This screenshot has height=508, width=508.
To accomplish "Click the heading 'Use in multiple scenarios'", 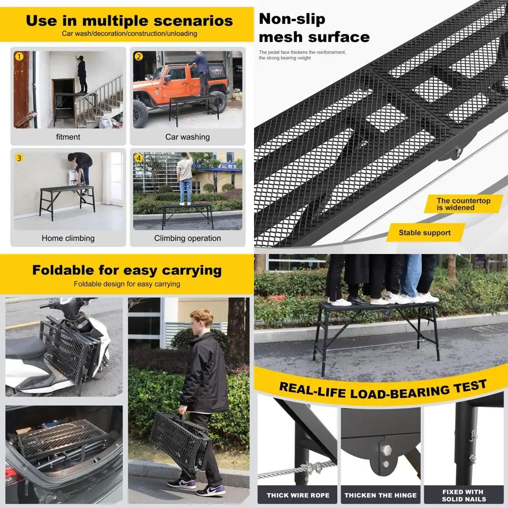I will coord(129,21).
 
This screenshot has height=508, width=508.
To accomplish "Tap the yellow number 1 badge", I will coord(19,56).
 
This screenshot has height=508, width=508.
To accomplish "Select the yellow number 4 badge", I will coord(139,157).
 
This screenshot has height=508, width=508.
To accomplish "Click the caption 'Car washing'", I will coord(187,137).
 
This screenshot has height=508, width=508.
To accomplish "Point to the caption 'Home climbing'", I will coord(68,238).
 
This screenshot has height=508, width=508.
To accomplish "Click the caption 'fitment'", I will coord(68,137).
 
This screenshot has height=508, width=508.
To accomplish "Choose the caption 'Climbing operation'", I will coord(187,238).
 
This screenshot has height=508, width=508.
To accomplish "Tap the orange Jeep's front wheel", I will coord(141,114).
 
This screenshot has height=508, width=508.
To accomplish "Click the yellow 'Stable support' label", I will coord(425,233).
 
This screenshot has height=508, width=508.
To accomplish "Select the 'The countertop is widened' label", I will coord(463,204).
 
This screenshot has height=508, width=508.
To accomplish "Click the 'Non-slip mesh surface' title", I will coord(314,28).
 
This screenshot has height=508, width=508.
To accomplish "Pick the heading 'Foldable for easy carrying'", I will coord(126,270).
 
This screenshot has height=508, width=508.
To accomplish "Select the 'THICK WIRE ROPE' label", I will coord(298,495).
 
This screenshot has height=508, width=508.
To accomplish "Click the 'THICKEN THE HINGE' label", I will coord(381,495).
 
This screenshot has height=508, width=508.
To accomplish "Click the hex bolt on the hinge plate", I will coord(384,451).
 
